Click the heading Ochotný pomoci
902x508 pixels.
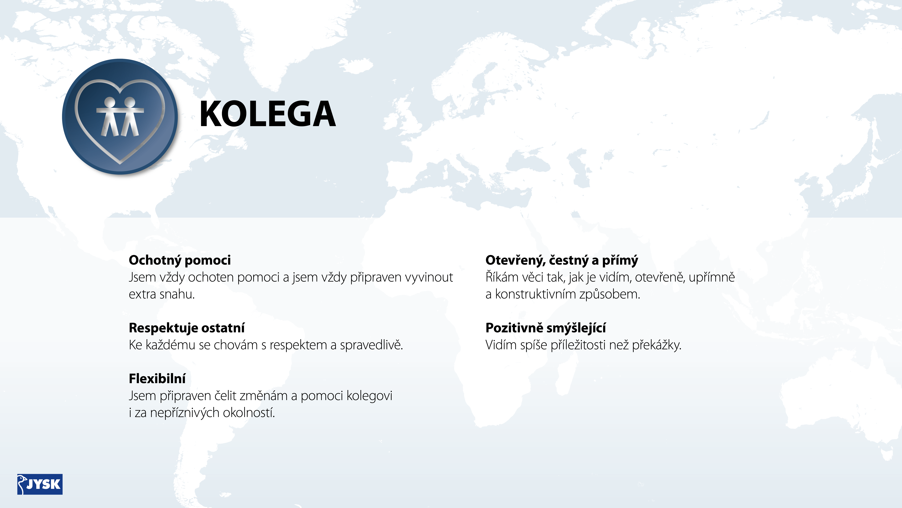[180, 260]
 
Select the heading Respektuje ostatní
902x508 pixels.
[187, 328]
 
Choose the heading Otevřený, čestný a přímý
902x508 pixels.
[562, 260]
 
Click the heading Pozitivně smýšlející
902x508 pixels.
[546, 328]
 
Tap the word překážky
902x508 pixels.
[657, 345]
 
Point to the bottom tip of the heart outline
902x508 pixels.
[120, 163]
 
